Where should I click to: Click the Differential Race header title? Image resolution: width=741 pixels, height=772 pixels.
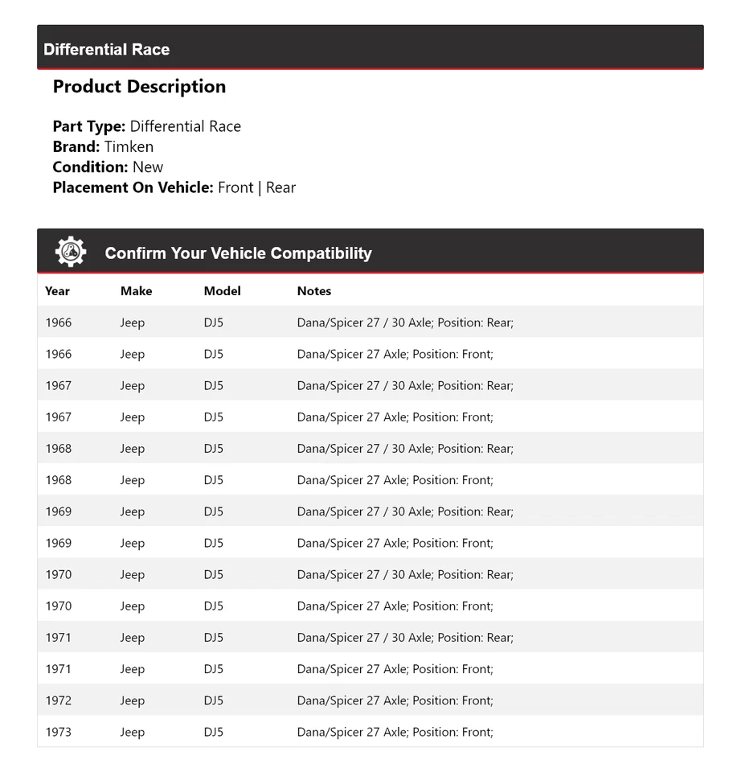pyautogui.click(x=107, y=49)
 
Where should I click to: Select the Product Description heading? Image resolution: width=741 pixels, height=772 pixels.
pyautogui.click(x=139, y=87)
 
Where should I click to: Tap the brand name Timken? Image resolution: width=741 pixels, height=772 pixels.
pyautogui.click(x=129, y=146)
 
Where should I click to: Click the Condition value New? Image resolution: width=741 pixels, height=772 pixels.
pyautogui.click(x=148, y=167)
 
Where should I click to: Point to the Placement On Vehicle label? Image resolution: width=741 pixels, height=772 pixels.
pyautogui.click(x=133, y=187)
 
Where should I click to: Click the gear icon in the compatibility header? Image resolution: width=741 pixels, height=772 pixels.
pyautogui.click(x=71, y=253)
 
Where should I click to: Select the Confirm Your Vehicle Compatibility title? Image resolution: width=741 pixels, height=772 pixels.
pyautogui.click(x=238, y=253)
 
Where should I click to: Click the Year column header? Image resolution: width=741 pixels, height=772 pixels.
pyautogui.click(x=57, y=291)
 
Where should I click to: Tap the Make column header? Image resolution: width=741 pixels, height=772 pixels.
pyautogui.click(x=136, y=291)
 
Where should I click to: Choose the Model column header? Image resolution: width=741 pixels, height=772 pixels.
pyautogui.click(x=222, y=291)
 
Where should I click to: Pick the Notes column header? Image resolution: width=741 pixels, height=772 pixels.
pyautogui.click(x=313, y=291)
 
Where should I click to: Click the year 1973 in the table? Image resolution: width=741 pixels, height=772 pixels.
pyautogui.click(x=58, y=732)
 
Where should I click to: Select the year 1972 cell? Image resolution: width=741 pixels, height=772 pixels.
pyautogui.click(x=58, y=700)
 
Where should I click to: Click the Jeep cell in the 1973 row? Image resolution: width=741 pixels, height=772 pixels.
pyautogui.click(x=133, y=732)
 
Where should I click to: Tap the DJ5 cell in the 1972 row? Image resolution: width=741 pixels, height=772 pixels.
pyautogui.click(x=213, y=700)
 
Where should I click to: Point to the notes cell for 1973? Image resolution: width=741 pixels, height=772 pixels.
pyautogui.click(x=395, y=732)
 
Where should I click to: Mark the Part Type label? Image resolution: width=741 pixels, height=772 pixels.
pyautogui.click(x=88, y=126)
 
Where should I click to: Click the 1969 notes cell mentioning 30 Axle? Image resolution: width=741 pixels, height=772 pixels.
pyautogui.click(x=405, y=511)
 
